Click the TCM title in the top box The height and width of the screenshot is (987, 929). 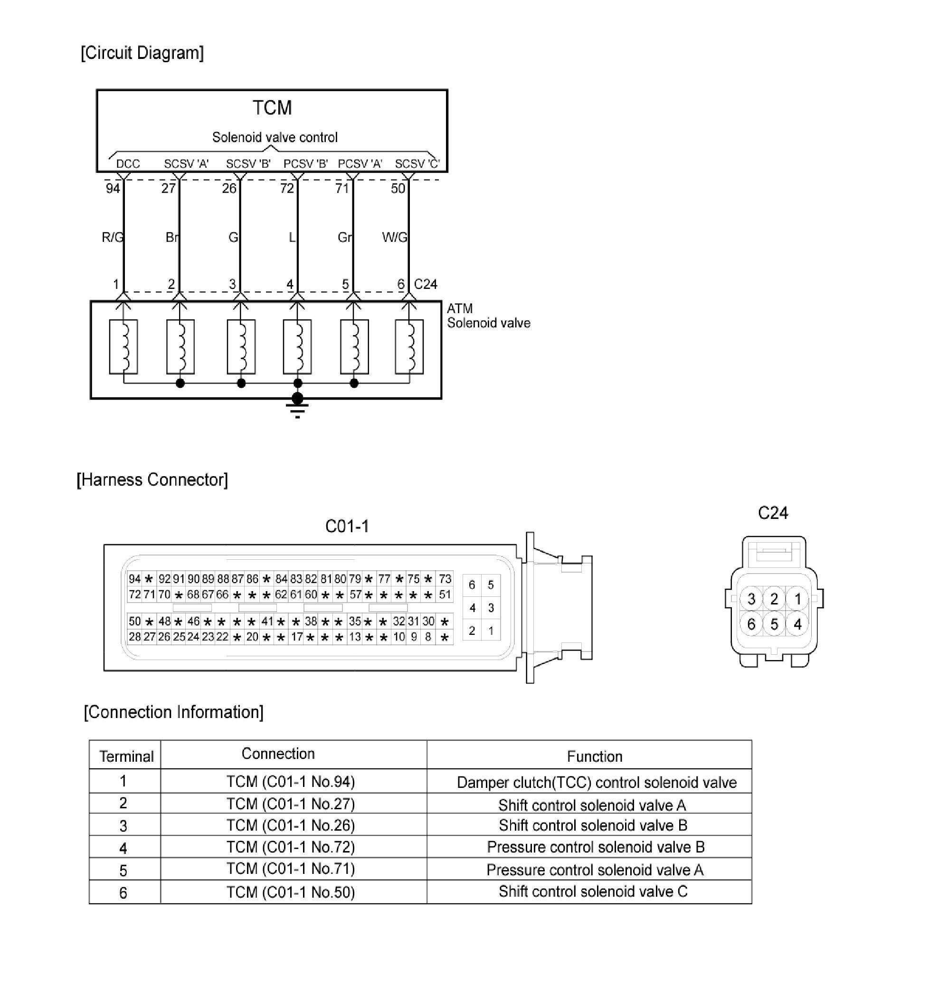(272, 108)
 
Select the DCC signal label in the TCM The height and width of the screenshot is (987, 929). (128, 164)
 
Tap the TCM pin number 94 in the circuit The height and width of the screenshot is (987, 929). (113, 189)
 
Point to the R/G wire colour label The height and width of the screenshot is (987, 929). (112, 237)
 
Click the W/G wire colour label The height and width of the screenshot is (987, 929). (394, 237)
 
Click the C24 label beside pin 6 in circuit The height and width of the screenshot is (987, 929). (425, 284)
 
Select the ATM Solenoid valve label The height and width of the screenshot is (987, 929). (488, 316)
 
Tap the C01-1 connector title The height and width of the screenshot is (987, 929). (347, 526)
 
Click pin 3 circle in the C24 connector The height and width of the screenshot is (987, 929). (751, 599)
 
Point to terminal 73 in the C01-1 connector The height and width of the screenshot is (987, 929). (445, 578)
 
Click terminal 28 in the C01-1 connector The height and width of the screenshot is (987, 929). (134, 636)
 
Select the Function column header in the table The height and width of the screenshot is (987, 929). (594, 756)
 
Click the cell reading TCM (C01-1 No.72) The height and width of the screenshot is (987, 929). (291, 846)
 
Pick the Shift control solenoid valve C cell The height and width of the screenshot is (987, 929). (593, 891)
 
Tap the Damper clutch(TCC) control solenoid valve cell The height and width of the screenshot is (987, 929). (596, 783)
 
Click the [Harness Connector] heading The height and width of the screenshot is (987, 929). (152, 479)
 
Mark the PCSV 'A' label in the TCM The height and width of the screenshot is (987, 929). (360, 164)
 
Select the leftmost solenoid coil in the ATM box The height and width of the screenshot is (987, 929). (123, 346)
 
